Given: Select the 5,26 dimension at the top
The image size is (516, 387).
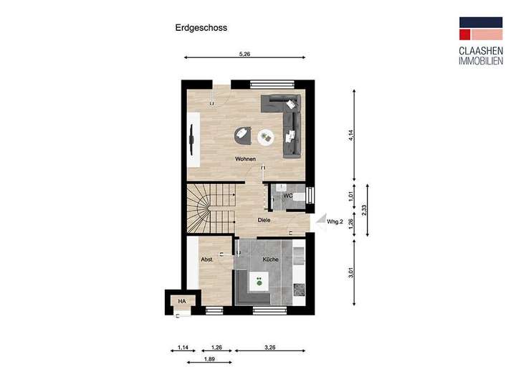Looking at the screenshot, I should [244, 54].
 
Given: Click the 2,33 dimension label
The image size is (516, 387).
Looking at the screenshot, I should [365, 209].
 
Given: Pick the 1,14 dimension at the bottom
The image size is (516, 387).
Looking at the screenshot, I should [182, 348].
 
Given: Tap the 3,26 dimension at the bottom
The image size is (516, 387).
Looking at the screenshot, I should [270, 348].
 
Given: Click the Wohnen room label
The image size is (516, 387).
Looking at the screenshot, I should [246, 159].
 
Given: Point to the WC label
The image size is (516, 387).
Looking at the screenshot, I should [287, 195].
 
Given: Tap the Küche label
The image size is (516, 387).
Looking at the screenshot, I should [270, 259].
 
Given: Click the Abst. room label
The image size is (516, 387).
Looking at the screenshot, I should [206, 259].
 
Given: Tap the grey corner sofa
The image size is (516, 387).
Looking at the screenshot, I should [287, 122].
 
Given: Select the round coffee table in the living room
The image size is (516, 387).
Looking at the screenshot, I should [266, 136].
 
